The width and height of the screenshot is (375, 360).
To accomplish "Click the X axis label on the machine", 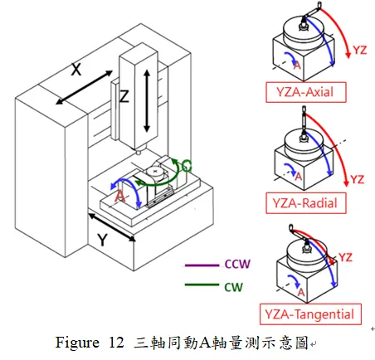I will pos(76,71).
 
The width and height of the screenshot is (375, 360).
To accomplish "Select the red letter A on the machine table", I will pos(119,197).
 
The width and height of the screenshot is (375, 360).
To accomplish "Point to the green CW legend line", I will pos(198,287).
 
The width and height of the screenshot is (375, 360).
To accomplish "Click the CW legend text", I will pos(234,287).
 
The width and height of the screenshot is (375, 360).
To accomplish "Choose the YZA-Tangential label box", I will pos(310,314).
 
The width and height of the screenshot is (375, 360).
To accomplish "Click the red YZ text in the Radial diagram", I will pos(356,178).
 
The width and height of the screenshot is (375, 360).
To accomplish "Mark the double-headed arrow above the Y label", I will pos(112,226).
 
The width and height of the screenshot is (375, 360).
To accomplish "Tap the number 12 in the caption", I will pos(114,342).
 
